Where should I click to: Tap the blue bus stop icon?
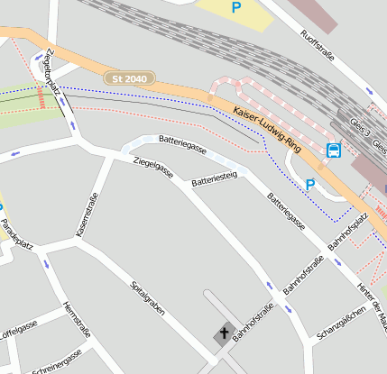coord(333,151)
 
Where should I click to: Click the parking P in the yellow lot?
coord(236,7)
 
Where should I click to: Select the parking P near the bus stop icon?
coord(309,185)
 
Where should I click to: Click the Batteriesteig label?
coord(214,179)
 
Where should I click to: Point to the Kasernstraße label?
coord(85,221)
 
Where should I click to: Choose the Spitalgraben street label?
coord(147,297)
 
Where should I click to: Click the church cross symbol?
coord(224,333)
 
